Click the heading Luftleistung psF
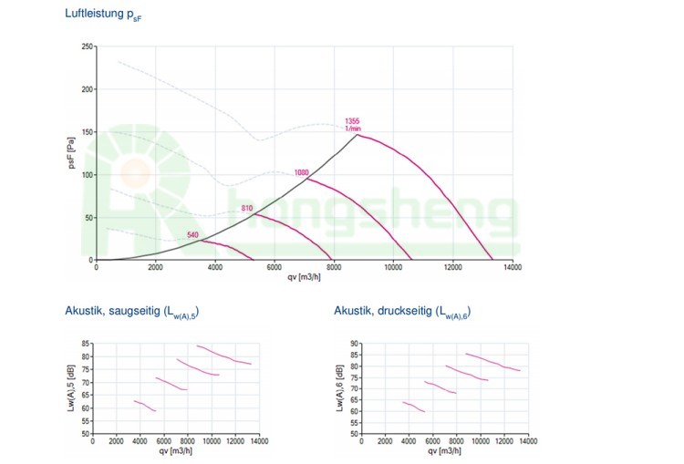[103, 15]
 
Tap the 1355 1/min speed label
[353, 125]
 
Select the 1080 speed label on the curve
[302, 172]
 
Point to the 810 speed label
[246, 209]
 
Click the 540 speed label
[192, 235]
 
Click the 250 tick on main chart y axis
[87, 46]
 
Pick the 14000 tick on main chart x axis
[513, 268]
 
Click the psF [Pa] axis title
[71, 153]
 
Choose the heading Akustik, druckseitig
[402, 313]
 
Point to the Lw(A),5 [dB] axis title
[71, 388]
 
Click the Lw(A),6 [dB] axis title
[340, 388]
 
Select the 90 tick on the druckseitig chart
[355, 344]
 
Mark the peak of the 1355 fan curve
[357, 135]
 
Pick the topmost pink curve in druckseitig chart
[492, 362]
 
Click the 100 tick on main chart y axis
[87, 174]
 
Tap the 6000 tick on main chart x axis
[275, 268]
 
